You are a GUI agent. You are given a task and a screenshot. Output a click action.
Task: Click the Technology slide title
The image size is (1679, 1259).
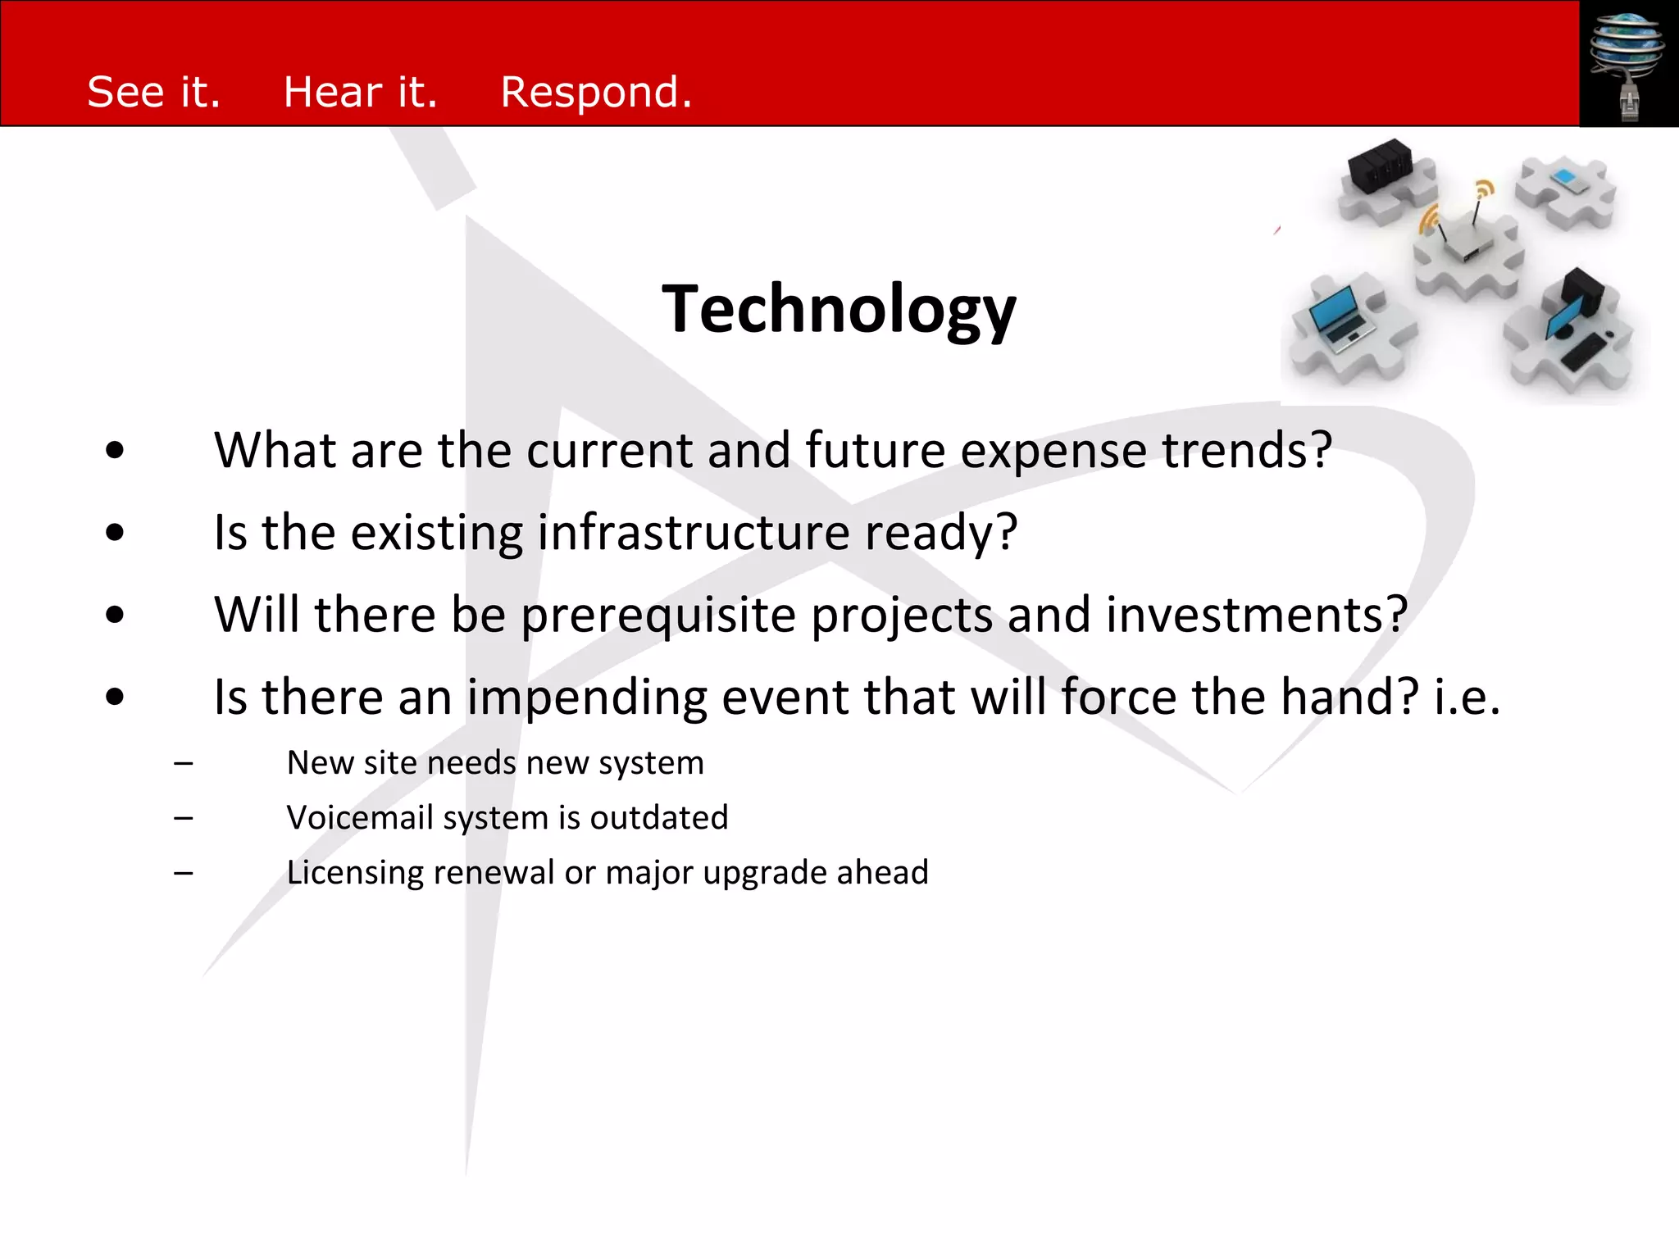point(839,309)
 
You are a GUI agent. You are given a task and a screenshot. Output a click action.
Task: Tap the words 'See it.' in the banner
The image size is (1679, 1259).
point(154,92)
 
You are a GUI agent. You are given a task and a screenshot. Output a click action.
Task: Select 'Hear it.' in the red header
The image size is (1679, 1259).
point(360,92)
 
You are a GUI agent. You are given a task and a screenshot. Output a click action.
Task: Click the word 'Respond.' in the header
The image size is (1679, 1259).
point(596,92)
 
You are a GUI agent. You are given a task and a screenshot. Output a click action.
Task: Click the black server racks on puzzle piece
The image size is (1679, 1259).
point(1381,164)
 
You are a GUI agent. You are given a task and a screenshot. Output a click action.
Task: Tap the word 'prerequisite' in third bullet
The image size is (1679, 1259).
point(658,616)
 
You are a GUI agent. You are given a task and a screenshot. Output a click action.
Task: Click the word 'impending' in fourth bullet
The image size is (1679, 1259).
point(587,698)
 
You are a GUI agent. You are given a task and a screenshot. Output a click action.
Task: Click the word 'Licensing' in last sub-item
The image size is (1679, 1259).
point(354,873)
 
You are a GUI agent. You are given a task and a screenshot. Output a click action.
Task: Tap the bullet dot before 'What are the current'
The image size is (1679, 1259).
point(115,450)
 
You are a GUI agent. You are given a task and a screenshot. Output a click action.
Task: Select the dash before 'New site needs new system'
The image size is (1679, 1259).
point(184,764)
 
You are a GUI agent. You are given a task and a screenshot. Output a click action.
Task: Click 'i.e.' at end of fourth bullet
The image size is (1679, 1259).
point(1467,697)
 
